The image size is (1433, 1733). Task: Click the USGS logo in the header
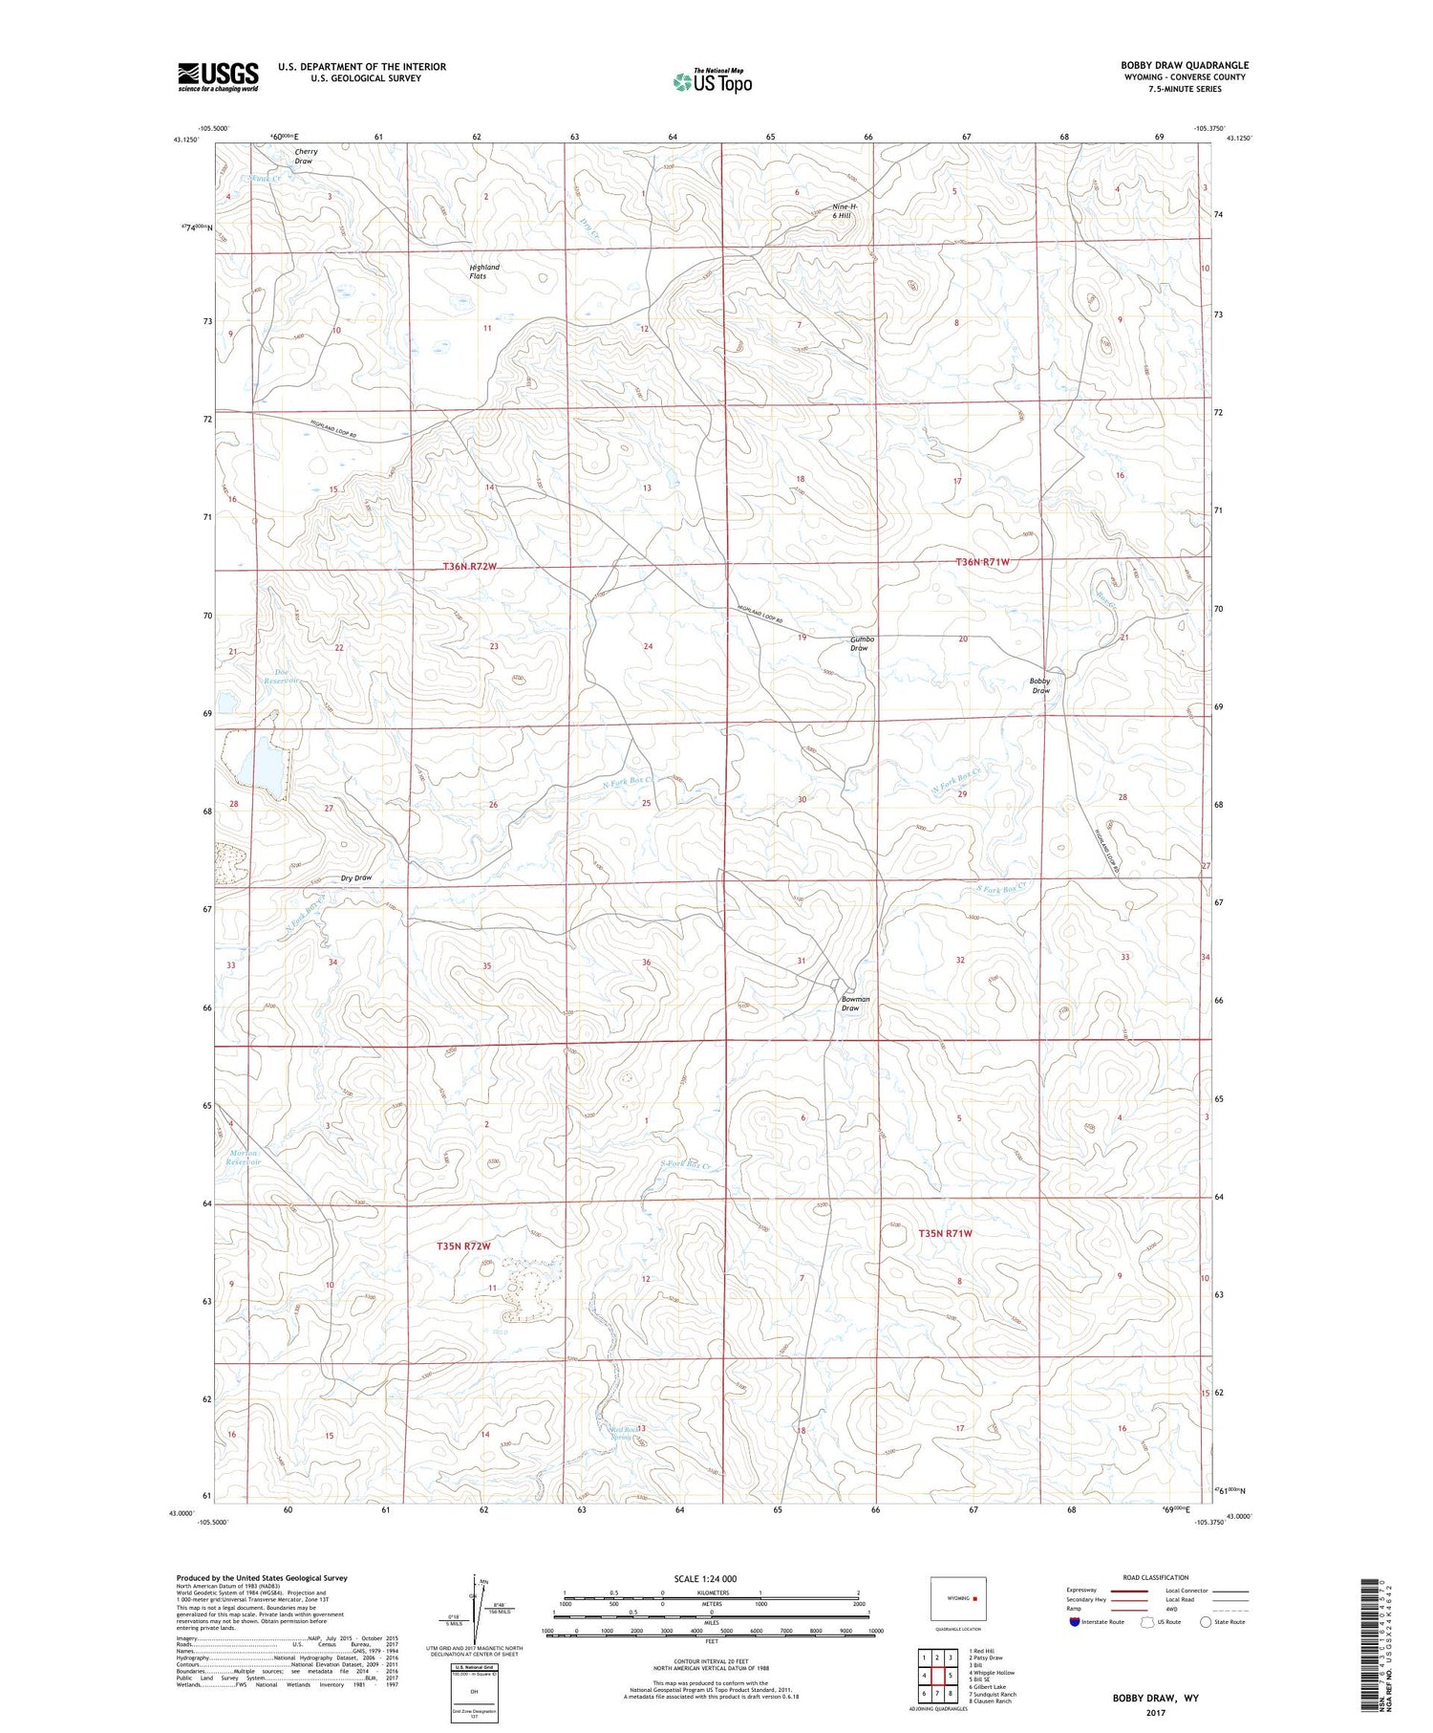pos(218,76)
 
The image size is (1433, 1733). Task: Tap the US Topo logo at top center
pos(712,81)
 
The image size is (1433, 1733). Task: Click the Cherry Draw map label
pos(306,156)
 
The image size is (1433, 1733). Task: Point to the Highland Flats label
pos(483,271)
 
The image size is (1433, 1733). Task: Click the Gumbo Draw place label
pos(862,643)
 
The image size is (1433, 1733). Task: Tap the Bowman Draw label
pos(855,1004)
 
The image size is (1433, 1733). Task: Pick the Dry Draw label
pos(356,877)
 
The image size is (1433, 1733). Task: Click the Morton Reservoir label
pos(245,1157)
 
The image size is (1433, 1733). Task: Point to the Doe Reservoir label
pos(282,676)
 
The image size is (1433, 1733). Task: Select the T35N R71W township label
pos(945,1233)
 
